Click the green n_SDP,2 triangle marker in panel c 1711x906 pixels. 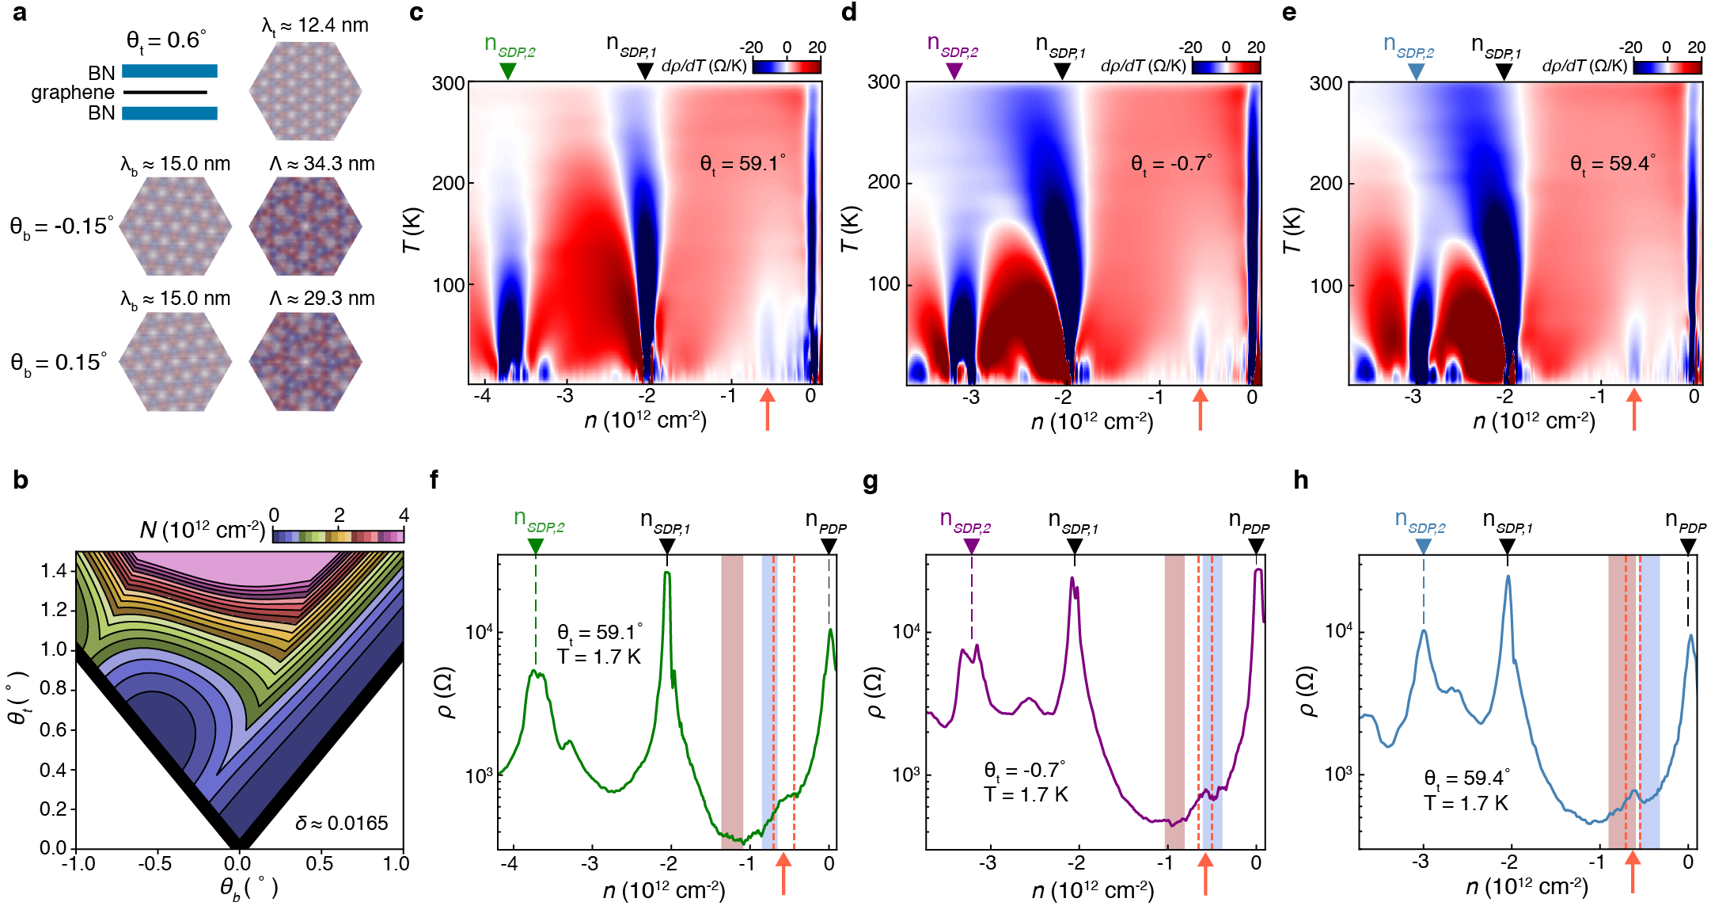tap(508, 71)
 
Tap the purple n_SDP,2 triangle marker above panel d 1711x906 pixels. tap(954, 71)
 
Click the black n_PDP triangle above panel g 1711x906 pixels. tap(1256, 546)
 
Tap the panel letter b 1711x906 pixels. tap(21, 481)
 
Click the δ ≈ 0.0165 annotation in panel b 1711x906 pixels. tap(342, 824)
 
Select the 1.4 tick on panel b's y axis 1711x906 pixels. tap(54, 571)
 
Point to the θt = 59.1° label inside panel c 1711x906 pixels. tap(742, 164)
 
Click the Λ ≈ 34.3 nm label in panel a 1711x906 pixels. tap(321, 164)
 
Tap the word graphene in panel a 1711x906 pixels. tap(73, 93)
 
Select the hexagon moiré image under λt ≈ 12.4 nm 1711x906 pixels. tap(305, 91)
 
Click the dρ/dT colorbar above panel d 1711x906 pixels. tap(1226, 67)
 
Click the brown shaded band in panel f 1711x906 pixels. tap(732, 701)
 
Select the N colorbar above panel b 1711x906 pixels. tap(338, 536)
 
